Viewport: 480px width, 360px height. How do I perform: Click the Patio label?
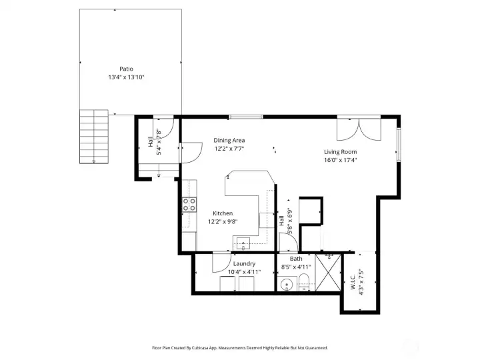pos(126,69)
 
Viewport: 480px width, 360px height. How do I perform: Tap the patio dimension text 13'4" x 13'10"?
pos(126,77)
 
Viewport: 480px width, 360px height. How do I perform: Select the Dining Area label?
pos(229,140)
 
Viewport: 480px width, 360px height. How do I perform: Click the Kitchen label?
pos(223,213)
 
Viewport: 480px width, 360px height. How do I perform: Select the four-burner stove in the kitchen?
pos(189,205)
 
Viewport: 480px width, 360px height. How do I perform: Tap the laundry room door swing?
pos(222,263)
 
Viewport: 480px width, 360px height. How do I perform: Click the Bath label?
pos(296,259)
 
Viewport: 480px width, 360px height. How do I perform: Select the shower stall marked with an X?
pos(328,273)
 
